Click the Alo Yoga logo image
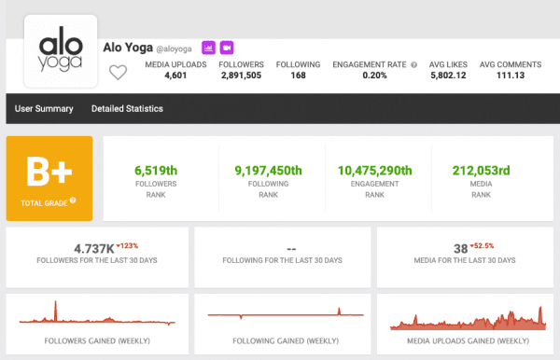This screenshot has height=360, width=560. (61, 51)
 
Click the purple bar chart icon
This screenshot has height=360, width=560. (208, 48)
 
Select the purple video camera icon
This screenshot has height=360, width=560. (227, 48)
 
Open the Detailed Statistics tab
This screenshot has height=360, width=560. (127, 108)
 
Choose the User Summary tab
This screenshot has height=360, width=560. (44, 108)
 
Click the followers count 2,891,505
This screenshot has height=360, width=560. (241, 76)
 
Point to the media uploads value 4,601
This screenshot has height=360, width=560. (175, 76)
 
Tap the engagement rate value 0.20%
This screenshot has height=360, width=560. (374, 76)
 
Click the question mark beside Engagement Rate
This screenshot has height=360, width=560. (413, 65)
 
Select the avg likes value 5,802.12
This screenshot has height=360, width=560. (448, 76)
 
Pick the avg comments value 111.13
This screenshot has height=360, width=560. (511, 76)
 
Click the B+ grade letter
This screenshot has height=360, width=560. (49, 172)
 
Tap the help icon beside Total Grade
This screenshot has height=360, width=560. (73, 201)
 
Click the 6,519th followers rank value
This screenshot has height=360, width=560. (156, 171)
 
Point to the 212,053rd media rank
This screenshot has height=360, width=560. (481, 171)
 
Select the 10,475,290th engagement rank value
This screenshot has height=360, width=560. (374, 171)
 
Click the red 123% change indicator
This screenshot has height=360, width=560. (127, 246)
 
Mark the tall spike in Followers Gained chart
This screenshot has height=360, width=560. (55, 311)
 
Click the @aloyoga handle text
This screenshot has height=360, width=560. (174, 48)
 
